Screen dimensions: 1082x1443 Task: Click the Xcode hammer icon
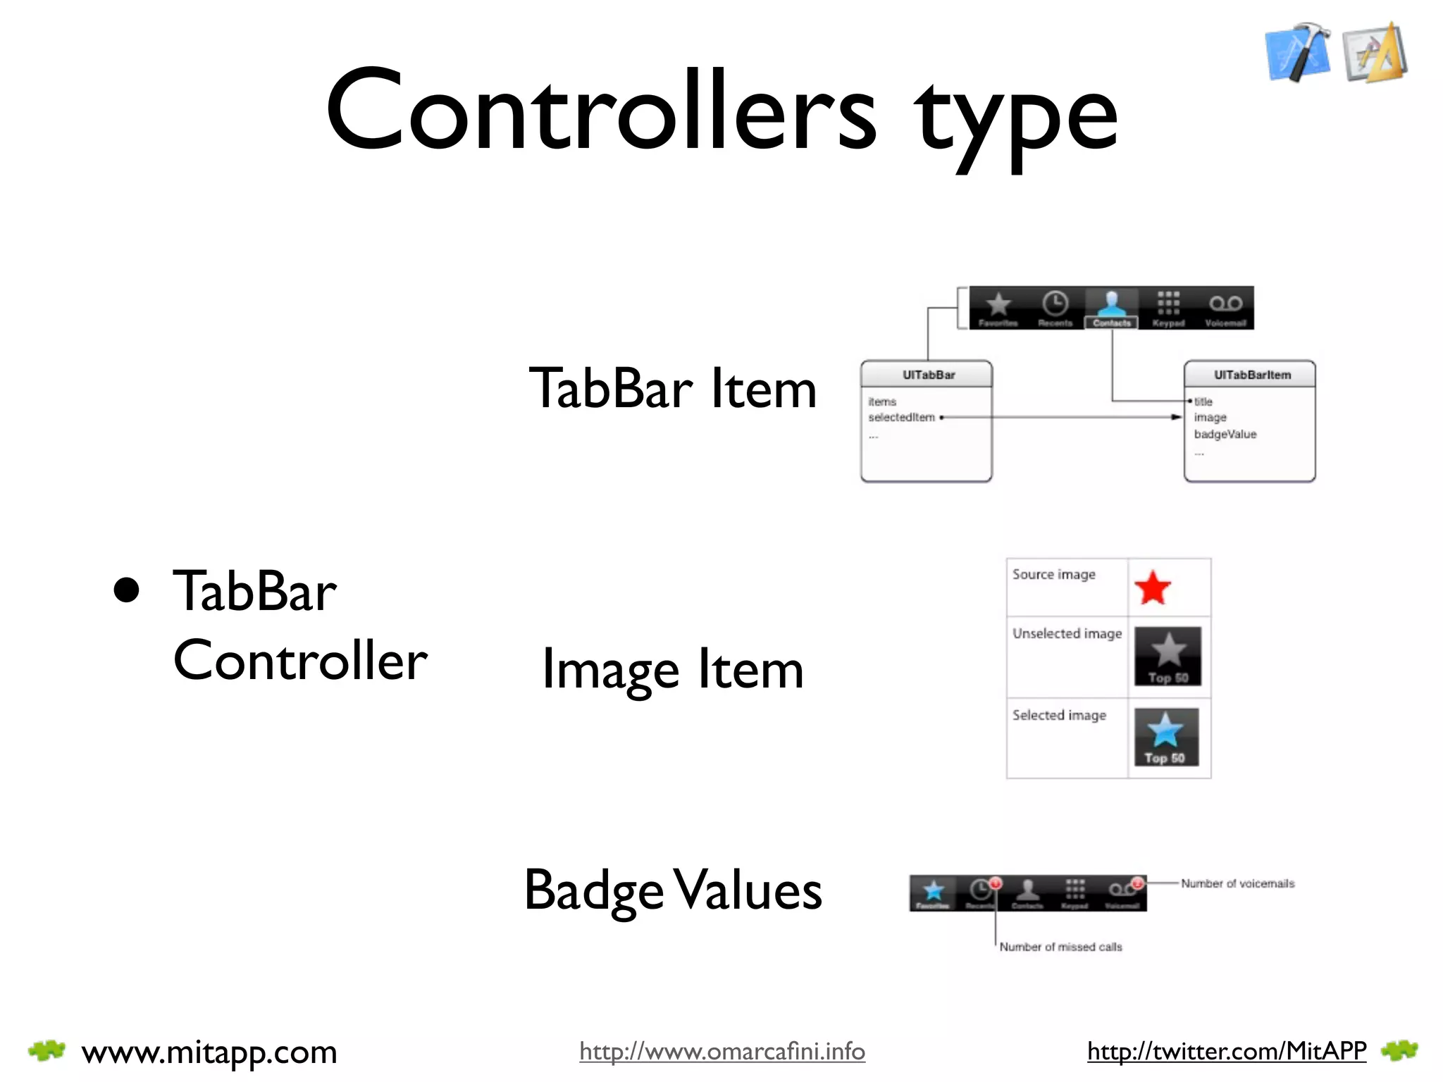point(1298,52)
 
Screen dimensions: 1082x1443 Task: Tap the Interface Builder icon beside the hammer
point(1375,53)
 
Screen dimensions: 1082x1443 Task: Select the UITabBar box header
point(927,375)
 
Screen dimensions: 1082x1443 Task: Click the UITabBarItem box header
point(1251,375)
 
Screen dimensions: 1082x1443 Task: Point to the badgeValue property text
point(1225,434)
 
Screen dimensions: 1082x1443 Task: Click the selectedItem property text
point(901,417)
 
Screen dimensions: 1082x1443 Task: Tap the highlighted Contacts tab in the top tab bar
point(1111,309)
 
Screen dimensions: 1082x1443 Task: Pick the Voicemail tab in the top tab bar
point(1225,309)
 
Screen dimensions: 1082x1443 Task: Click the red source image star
point(1153,588)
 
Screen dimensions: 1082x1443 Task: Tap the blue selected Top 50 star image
point(1165,737)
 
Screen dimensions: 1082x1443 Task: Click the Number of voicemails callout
point(1237,883)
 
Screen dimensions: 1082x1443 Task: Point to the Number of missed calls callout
point(1060,947)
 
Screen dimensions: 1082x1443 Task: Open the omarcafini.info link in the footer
point(722,1051)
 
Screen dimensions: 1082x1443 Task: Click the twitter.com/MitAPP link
point(1227,1051)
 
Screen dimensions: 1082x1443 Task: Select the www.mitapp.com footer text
point(209,1052)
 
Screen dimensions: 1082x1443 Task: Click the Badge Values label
point(673,890)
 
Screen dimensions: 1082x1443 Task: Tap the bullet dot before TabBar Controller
point(127,591)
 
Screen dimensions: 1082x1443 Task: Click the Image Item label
point(673,669)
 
